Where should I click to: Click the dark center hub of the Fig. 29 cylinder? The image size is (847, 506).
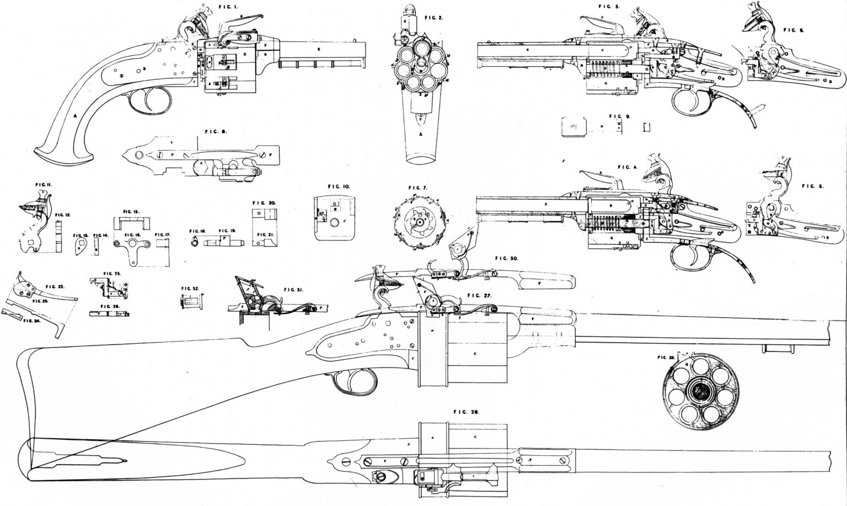(699, 392)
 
